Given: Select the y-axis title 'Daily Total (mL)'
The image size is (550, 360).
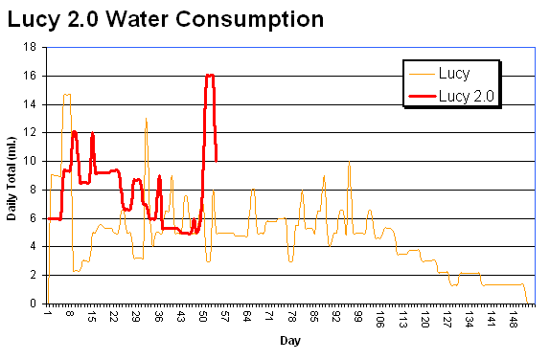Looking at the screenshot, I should click(x=12, y=175).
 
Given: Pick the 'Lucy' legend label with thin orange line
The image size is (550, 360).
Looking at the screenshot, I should click(x=454, y=73).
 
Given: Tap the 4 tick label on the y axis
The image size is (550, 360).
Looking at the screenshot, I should click(x=35, y=246).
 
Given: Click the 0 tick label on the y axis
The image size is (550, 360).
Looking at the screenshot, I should click(x=35, y=304).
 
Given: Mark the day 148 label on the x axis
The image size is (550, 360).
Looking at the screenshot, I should click(x=514, y=319).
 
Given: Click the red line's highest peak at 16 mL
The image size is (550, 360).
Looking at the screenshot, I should click(x=209, y=75).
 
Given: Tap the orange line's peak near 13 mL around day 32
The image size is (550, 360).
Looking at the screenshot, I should click(x=146, y=119).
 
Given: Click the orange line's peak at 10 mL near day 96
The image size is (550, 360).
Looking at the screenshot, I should click(x=349, y=162).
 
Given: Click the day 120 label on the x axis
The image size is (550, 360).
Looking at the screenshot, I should click(x=424, y=319).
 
